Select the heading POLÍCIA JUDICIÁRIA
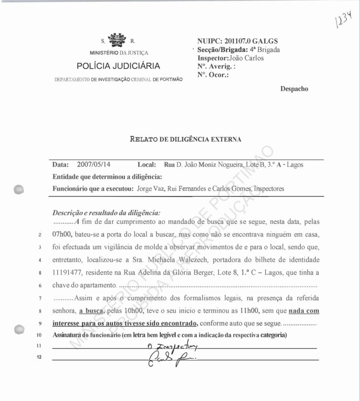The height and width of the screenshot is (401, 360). [119, 66]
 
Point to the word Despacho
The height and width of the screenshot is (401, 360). [294, 89]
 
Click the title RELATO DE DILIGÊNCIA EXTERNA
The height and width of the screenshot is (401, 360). [186, 140]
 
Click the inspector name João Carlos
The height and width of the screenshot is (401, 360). [247, 58]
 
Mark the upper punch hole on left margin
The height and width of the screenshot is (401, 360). [20, 189]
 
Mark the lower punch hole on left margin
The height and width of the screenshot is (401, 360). [20, 330]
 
